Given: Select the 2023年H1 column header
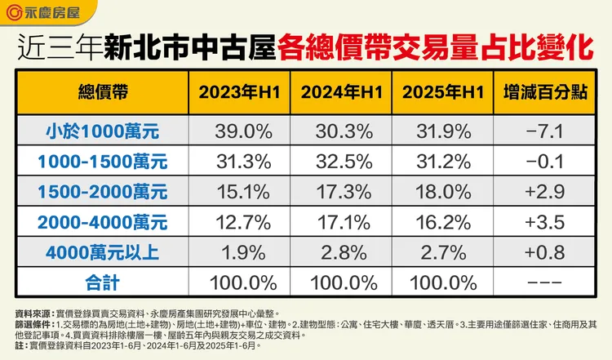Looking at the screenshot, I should [241, 91].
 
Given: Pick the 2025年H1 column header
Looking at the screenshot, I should [445, 91].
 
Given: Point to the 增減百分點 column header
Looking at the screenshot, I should [545, 91].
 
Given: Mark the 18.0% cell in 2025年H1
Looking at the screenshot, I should [445, 191].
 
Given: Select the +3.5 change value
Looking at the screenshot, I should [545, 221].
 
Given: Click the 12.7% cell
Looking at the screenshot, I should [241, 221].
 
